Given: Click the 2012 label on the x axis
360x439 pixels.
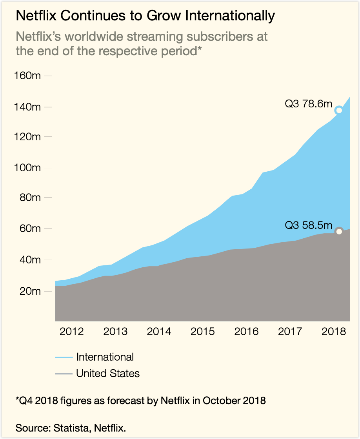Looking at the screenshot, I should pos(71,332).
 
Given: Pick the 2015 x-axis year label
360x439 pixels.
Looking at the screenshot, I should pos(203,332).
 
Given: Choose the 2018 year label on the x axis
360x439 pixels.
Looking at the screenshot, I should pos(334,332).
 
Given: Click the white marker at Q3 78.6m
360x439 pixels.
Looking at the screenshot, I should pos(339,110).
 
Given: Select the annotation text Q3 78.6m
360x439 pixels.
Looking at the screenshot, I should pos(308,105).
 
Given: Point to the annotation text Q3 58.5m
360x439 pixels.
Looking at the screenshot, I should pos(308,225).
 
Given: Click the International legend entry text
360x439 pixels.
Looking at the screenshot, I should pos(105,357).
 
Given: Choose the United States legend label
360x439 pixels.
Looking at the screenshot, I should pos(108,374).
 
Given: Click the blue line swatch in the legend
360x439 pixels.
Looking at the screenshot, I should pos(64,357).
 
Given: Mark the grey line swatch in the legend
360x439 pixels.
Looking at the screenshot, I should pos(64,374).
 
